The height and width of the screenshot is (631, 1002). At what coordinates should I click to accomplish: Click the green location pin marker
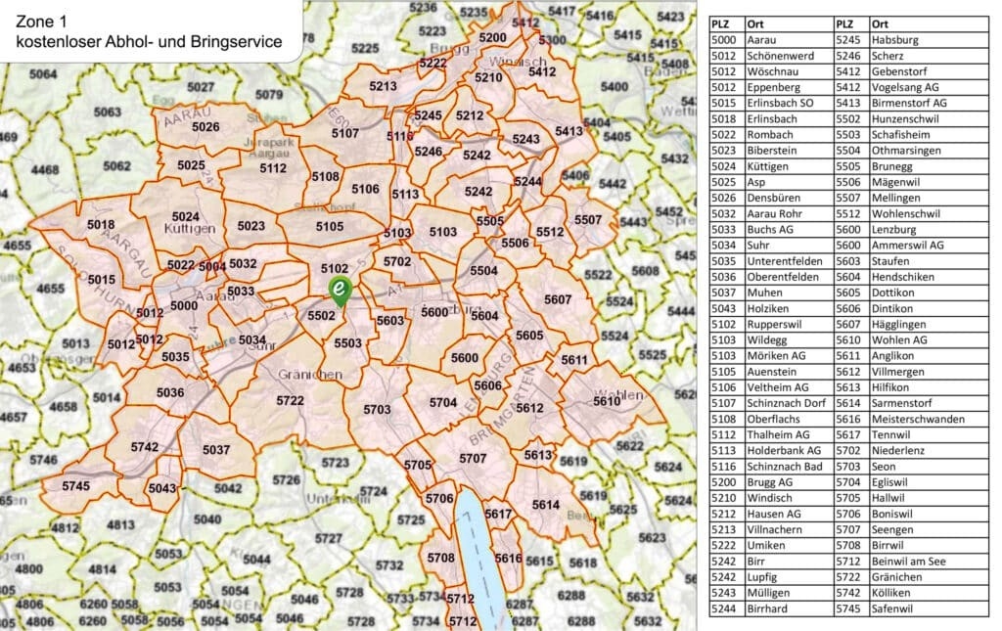(x=339, y=291)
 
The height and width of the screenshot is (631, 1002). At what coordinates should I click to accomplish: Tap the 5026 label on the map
(x=205, y=126)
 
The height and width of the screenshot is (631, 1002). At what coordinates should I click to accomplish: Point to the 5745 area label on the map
(x=75, y=486)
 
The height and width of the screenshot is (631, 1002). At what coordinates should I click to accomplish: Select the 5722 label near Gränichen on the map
(x=291, y=401)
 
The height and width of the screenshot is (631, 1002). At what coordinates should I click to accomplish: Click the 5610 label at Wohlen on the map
(x=607, y=401)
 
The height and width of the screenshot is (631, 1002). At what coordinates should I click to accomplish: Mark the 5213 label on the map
(x=384, y=86)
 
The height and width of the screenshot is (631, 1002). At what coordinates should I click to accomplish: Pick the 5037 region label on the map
(x=216, y=450)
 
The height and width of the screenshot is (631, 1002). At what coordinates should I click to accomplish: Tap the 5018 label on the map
(x=101, y=224)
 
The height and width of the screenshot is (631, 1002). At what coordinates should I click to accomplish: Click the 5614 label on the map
(x=546, y=504)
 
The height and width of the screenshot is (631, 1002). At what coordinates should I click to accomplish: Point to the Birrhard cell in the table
(x=771, y=608)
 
